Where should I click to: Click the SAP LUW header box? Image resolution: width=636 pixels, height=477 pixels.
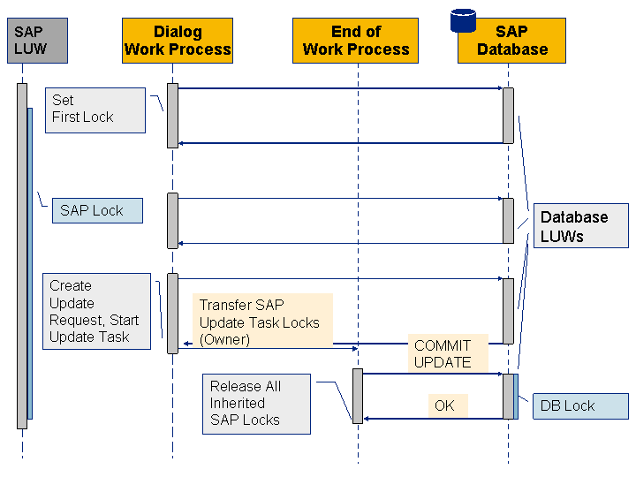[30, 41]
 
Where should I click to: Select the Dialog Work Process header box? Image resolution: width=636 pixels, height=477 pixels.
[178, 41]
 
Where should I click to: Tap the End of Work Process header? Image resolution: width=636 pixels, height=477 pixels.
[356, 41]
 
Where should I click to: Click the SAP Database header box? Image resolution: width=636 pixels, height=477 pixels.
[512, 41]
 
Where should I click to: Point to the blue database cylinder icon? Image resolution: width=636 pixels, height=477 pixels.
[463, 19]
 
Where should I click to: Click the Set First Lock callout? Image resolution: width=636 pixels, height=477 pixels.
[95, 110]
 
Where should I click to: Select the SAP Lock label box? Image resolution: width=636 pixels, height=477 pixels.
[97, 211]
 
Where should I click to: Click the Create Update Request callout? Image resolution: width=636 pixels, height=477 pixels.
[97, 311]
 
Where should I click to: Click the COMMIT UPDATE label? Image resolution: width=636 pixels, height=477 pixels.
[443, 353]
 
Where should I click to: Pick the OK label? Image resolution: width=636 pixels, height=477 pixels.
[444, 406]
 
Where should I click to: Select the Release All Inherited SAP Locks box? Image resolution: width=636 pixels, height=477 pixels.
[256, 404]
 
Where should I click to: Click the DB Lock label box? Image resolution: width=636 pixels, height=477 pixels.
[580, 406]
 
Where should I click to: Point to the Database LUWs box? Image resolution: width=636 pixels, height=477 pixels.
[580, 227]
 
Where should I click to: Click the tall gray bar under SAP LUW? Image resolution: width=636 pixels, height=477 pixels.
[21, 256]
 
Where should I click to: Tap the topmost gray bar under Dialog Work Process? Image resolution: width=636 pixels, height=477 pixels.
[172, 116]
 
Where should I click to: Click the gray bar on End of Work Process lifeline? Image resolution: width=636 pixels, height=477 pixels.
[358, 396]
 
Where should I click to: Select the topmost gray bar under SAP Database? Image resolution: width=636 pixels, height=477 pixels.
[508, 115]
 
